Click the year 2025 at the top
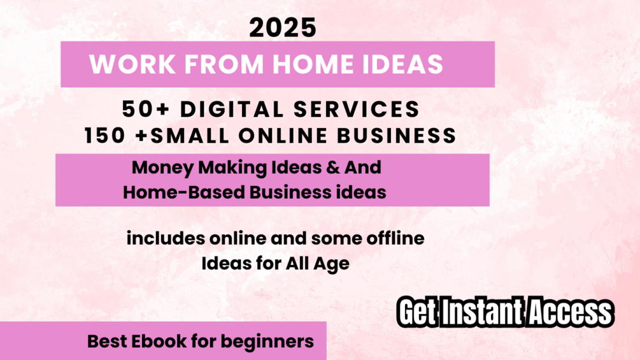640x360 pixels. click(283, 28)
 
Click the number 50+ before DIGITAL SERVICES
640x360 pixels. click(145, 110)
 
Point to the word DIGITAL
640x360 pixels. click(232, 110)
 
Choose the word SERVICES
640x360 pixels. click(357, 110)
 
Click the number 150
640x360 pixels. click(104, 136)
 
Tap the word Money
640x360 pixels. click(162, 168)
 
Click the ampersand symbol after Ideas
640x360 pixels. click(333, 168)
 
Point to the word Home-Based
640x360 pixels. click(184, 192)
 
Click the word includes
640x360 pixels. click(166, 238)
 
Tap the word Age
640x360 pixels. click(331, 264)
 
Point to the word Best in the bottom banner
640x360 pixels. click(108, 342)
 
